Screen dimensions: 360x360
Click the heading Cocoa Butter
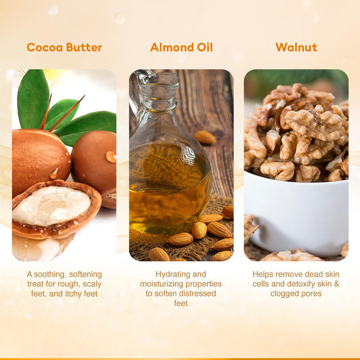(x=64, y=47)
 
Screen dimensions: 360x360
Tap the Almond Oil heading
(x=181, y=47)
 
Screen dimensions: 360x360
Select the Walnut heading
(x=296, y=47)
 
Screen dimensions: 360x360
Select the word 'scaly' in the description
(x=92, y=284)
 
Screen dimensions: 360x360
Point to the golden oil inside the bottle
(x=170, y=188)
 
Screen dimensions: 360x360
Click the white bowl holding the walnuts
(x=298, y=214)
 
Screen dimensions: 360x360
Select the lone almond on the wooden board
(x=205, y=137)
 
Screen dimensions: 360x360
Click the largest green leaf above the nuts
(x=33, y=99)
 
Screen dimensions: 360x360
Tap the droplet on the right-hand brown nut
(x=111, y=157)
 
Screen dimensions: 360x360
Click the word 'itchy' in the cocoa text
(x=74, y=294)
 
